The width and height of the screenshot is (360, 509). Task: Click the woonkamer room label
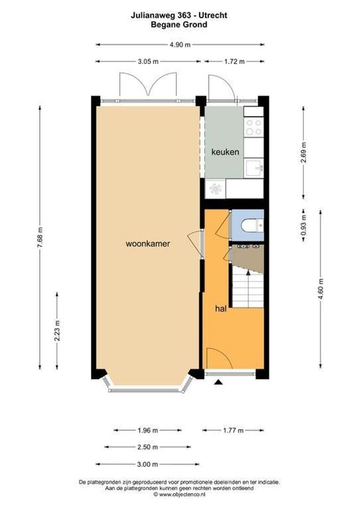(147, 244)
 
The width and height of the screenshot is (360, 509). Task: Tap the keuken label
(225, 152)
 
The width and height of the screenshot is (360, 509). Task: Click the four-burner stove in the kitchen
(254, 126)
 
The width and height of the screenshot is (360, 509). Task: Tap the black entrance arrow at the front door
(218, 384)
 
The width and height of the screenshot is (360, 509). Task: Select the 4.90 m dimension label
(180, 45)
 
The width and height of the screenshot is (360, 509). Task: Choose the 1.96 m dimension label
(148, 430)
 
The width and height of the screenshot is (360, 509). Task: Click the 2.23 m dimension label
(57, 330)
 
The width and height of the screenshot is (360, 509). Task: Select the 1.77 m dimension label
(233, 430)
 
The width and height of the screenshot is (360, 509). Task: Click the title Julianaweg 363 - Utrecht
(179, 16)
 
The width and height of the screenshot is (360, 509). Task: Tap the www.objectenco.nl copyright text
(179, 495)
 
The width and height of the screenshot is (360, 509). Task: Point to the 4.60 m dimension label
(321, 288)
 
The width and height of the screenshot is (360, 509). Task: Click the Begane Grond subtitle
(179, 25)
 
